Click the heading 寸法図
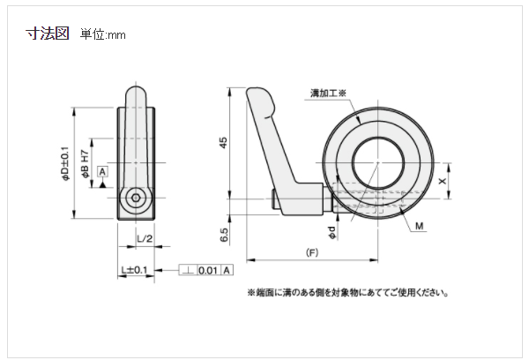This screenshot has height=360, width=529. pos(48,34)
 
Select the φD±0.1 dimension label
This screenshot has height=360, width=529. pos(64,164)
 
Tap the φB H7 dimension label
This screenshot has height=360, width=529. pos(86,164)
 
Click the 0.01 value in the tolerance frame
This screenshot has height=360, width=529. pos(209,269)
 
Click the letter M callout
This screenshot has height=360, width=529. pos(420,226)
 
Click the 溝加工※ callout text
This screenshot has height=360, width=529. pos(330,93)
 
